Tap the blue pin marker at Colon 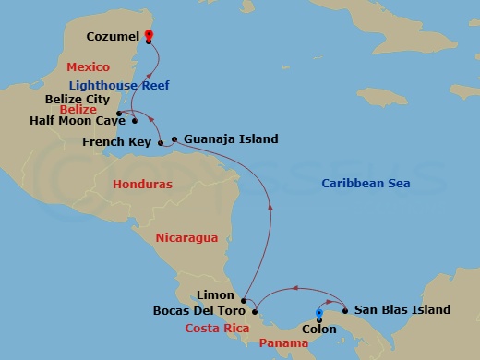pos(319,314)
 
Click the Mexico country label pos(89,67)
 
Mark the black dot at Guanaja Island pos(174,140)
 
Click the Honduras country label pos(142,185)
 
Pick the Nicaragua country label pos(187,237)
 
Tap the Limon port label pos(215,294)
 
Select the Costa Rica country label pos(216,328)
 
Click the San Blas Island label pos(402,310)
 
